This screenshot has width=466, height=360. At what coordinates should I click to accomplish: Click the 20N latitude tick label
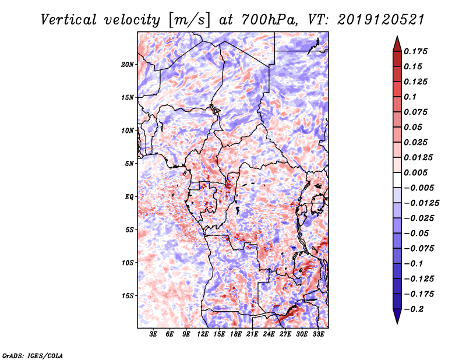pos(128,64)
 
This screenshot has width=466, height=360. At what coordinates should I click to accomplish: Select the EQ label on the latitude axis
pos(129,196)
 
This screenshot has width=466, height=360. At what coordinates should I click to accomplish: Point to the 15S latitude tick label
pos(128,295)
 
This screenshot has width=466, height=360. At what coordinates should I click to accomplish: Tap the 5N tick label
pos(129,164)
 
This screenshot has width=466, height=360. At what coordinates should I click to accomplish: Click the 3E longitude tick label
pos(154,334)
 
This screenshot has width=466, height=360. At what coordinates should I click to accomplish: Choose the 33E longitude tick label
pos(319,334)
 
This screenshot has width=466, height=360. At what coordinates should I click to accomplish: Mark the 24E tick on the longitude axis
pos(269,334)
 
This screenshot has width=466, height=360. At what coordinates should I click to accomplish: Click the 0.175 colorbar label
pos(417,51)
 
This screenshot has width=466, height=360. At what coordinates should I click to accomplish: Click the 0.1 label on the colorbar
pos(411,97)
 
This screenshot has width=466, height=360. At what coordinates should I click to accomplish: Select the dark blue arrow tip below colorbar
pos(397,319)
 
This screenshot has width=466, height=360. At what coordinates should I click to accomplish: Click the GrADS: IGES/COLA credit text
pos(33,354)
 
